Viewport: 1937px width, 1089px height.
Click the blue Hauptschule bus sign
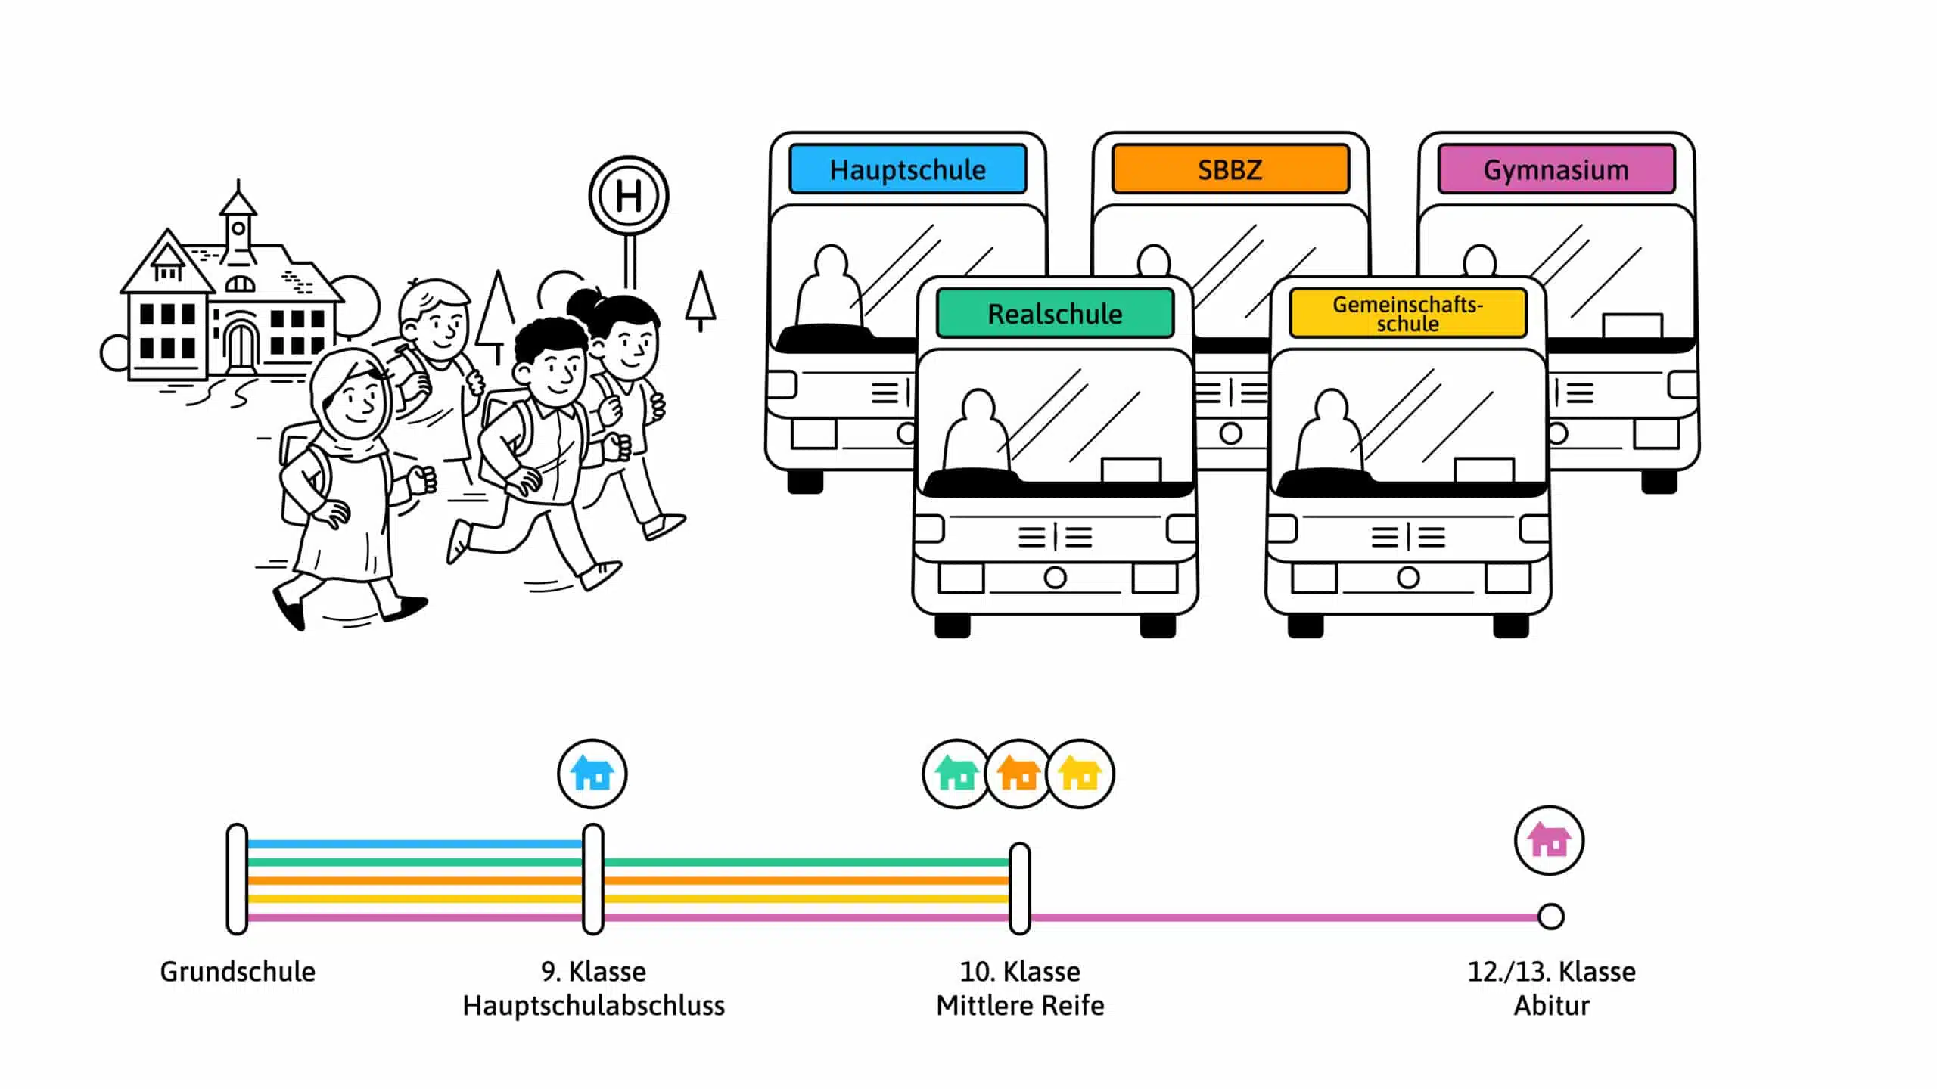pyautogui.click(x=907, y=169)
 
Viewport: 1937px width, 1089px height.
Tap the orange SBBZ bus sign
pyautogui.click(x=1230, y=169)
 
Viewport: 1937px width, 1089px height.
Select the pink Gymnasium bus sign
pyautogui.click(x=1556, y=169)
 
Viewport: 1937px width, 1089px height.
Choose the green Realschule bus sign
pyautogui.click(x=1055, y=313)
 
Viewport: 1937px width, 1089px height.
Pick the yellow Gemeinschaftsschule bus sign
pyautogui.click(x=1407, y=313)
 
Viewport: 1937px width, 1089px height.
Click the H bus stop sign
pyautogui.click(x=629, y=196)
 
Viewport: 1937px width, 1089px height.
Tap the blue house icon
pyautogui.click(x=592, y=774)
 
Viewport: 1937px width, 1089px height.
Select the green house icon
pyautogui.click(x=956, y=774)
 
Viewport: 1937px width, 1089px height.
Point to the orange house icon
pyautogui.click(x=1018, y=774)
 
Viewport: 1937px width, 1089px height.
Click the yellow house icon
pyautogui.click(x=1080, y=774)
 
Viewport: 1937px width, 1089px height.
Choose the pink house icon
pyautogui.click(x=1549, y=840)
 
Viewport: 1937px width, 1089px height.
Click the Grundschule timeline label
pyautogui.click(x=238, y=971)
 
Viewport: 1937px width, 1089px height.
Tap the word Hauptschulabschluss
pyautogui.click(x=593, y=1006)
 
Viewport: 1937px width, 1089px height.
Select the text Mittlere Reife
pyautogui.click(x=1020, y=1006)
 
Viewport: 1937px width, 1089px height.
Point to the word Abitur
pyautogui.click(x=1551, y=1006)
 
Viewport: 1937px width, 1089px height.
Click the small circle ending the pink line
pyautogui.click(x=1550, y=917)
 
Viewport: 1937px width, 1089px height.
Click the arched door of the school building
pyautogui.click(x=241, y=346)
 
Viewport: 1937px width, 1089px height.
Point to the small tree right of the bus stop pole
pyautogui.click(x=701, y=300)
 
